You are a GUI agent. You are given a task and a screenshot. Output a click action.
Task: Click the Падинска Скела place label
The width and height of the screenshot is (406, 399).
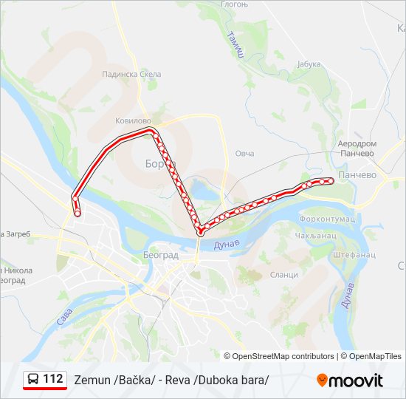pyautogui.click(x=131, y=74)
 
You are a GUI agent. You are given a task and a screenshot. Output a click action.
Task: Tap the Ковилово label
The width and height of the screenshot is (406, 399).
pyautogui.click(x=133, y=120)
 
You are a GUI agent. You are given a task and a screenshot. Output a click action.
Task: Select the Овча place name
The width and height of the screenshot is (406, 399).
pyautogui.click(x=244, y=153)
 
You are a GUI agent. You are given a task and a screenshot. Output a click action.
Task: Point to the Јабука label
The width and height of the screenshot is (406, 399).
pyautogui.click(x=309, y=64)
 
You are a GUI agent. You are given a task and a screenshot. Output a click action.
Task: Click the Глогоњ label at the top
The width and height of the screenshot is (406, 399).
pyautogui.click(x=234, y=4)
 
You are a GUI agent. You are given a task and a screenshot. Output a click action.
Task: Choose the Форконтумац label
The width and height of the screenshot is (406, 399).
pyautogui.click(x=327, y=219)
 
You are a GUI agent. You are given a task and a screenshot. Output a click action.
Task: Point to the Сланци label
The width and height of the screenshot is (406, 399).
pyautogui.click(x=284, y=274)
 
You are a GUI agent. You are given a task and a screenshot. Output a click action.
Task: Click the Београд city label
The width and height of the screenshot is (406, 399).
pyautogui.click(x=161, y=255)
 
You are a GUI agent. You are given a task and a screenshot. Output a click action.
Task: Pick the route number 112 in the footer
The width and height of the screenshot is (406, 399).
pyautogui.click(x=53, y=379)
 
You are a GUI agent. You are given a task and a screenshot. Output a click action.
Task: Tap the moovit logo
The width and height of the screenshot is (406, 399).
pyautogui.click(x=350, y=381)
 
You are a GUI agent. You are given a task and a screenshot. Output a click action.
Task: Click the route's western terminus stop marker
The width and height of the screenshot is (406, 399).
pyautogui.click(x=78, y=214)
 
